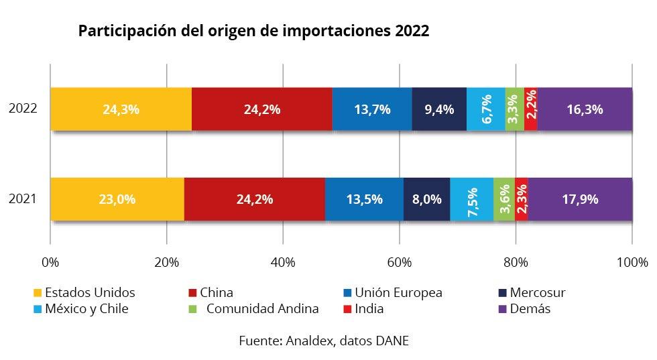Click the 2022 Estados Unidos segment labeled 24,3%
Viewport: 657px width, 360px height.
coord(121,109)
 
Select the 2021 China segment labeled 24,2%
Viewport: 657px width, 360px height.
coord(254,199)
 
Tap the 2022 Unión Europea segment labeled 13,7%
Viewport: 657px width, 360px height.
coord(371,109)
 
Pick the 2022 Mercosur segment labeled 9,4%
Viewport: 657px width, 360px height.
coord(439,109)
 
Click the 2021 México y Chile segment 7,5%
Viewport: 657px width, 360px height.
coord(472,199)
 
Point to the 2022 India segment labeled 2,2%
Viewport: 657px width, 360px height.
coord(530,109)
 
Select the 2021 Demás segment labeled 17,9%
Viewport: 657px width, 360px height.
coord(580,199)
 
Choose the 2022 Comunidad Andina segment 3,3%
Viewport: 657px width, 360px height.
coord(514,109)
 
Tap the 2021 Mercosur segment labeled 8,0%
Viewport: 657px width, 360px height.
coord(427,199)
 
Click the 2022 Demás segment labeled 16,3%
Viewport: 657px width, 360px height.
coord(585,109)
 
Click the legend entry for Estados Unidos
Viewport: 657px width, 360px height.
coord(90,293)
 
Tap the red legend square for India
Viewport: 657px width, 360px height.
coord(347,309)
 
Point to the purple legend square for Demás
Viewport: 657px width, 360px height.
coord(499,309)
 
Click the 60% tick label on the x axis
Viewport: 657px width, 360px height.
coord(399,261)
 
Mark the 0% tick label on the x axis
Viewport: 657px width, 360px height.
coord(50,261)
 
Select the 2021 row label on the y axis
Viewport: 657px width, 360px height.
coord(23,199)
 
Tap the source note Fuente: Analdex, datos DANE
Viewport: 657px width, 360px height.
coord(324,341)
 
